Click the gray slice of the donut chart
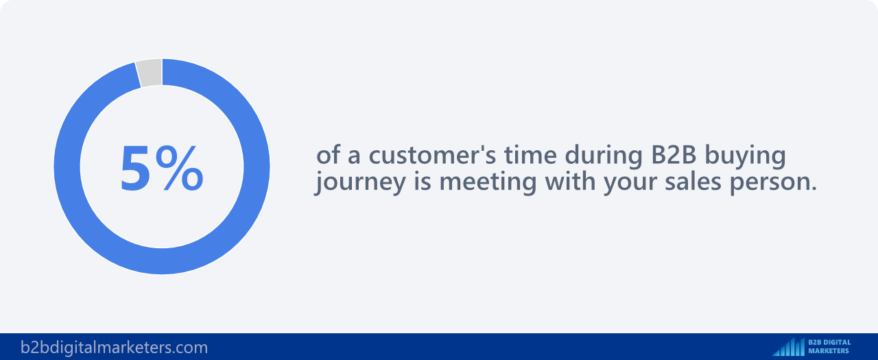click(x=150, y=73)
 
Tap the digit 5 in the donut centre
click(x=135, y=168)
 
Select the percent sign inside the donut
click(x=180, y=168)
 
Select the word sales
click(x=693, y=182)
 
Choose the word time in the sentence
click(x=530, y=155)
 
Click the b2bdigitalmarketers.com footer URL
click(x=114, y=348)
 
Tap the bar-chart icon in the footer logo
click(x=789, y=347)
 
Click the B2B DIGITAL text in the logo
click(x=830, y=342)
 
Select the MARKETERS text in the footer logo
click(x=829, y=351)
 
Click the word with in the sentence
click(x=570, y=182)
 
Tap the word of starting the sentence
click(x=328, y=155)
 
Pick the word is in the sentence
click(x=423, y=182)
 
